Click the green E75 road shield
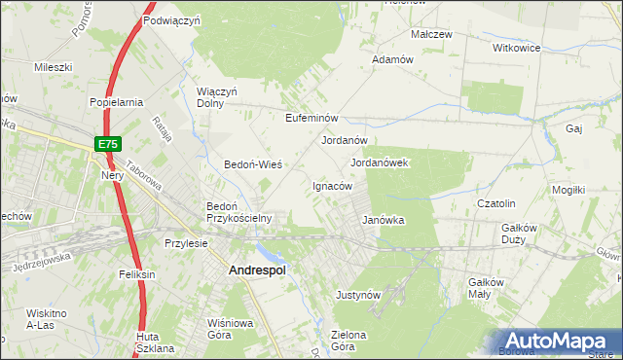108,144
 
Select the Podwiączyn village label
170,19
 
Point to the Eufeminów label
311,118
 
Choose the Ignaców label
331,186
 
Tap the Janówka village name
383,220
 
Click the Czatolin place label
495,203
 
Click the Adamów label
393,59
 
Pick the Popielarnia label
116,101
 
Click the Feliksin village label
137,275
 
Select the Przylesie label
186,243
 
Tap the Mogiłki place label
568,190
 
